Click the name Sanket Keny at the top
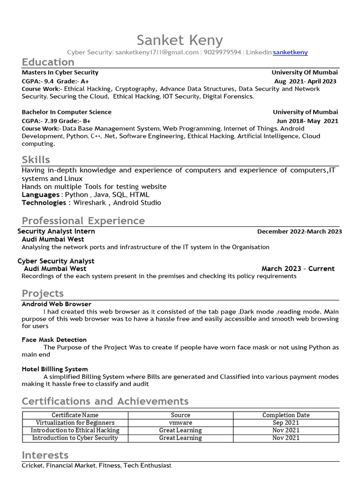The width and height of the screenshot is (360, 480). click(180, 40)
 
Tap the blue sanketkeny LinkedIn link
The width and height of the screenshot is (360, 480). click(290, 52)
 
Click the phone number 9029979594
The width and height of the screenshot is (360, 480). click(223, 52)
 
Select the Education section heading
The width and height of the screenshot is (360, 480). click(48, 62)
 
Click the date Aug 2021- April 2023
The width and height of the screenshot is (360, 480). click(305, 81)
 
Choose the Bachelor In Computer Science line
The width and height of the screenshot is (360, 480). click(67, 112)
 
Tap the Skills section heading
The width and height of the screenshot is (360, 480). click(36, 159)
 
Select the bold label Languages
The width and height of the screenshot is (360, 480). click(40, 195)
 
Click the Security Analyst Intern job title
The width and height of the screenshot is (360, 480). click(56, 231)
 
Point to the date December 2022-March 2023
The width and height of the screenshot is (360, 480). click(300, 232)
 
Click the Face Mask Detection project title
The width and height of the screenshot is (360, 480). click(54, 340)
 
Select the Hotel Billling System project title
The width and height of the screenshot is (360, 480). click(54, 369)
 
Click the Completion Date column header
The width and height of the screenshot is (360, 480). click(286, 415)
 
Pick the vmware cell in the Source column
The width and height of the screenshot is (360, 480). click(180, 422)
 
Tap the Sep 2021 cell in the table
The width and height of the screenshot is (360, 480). click(286, 422)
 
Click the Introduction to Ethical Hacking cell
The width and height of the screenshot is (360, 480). click(75, 430)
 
